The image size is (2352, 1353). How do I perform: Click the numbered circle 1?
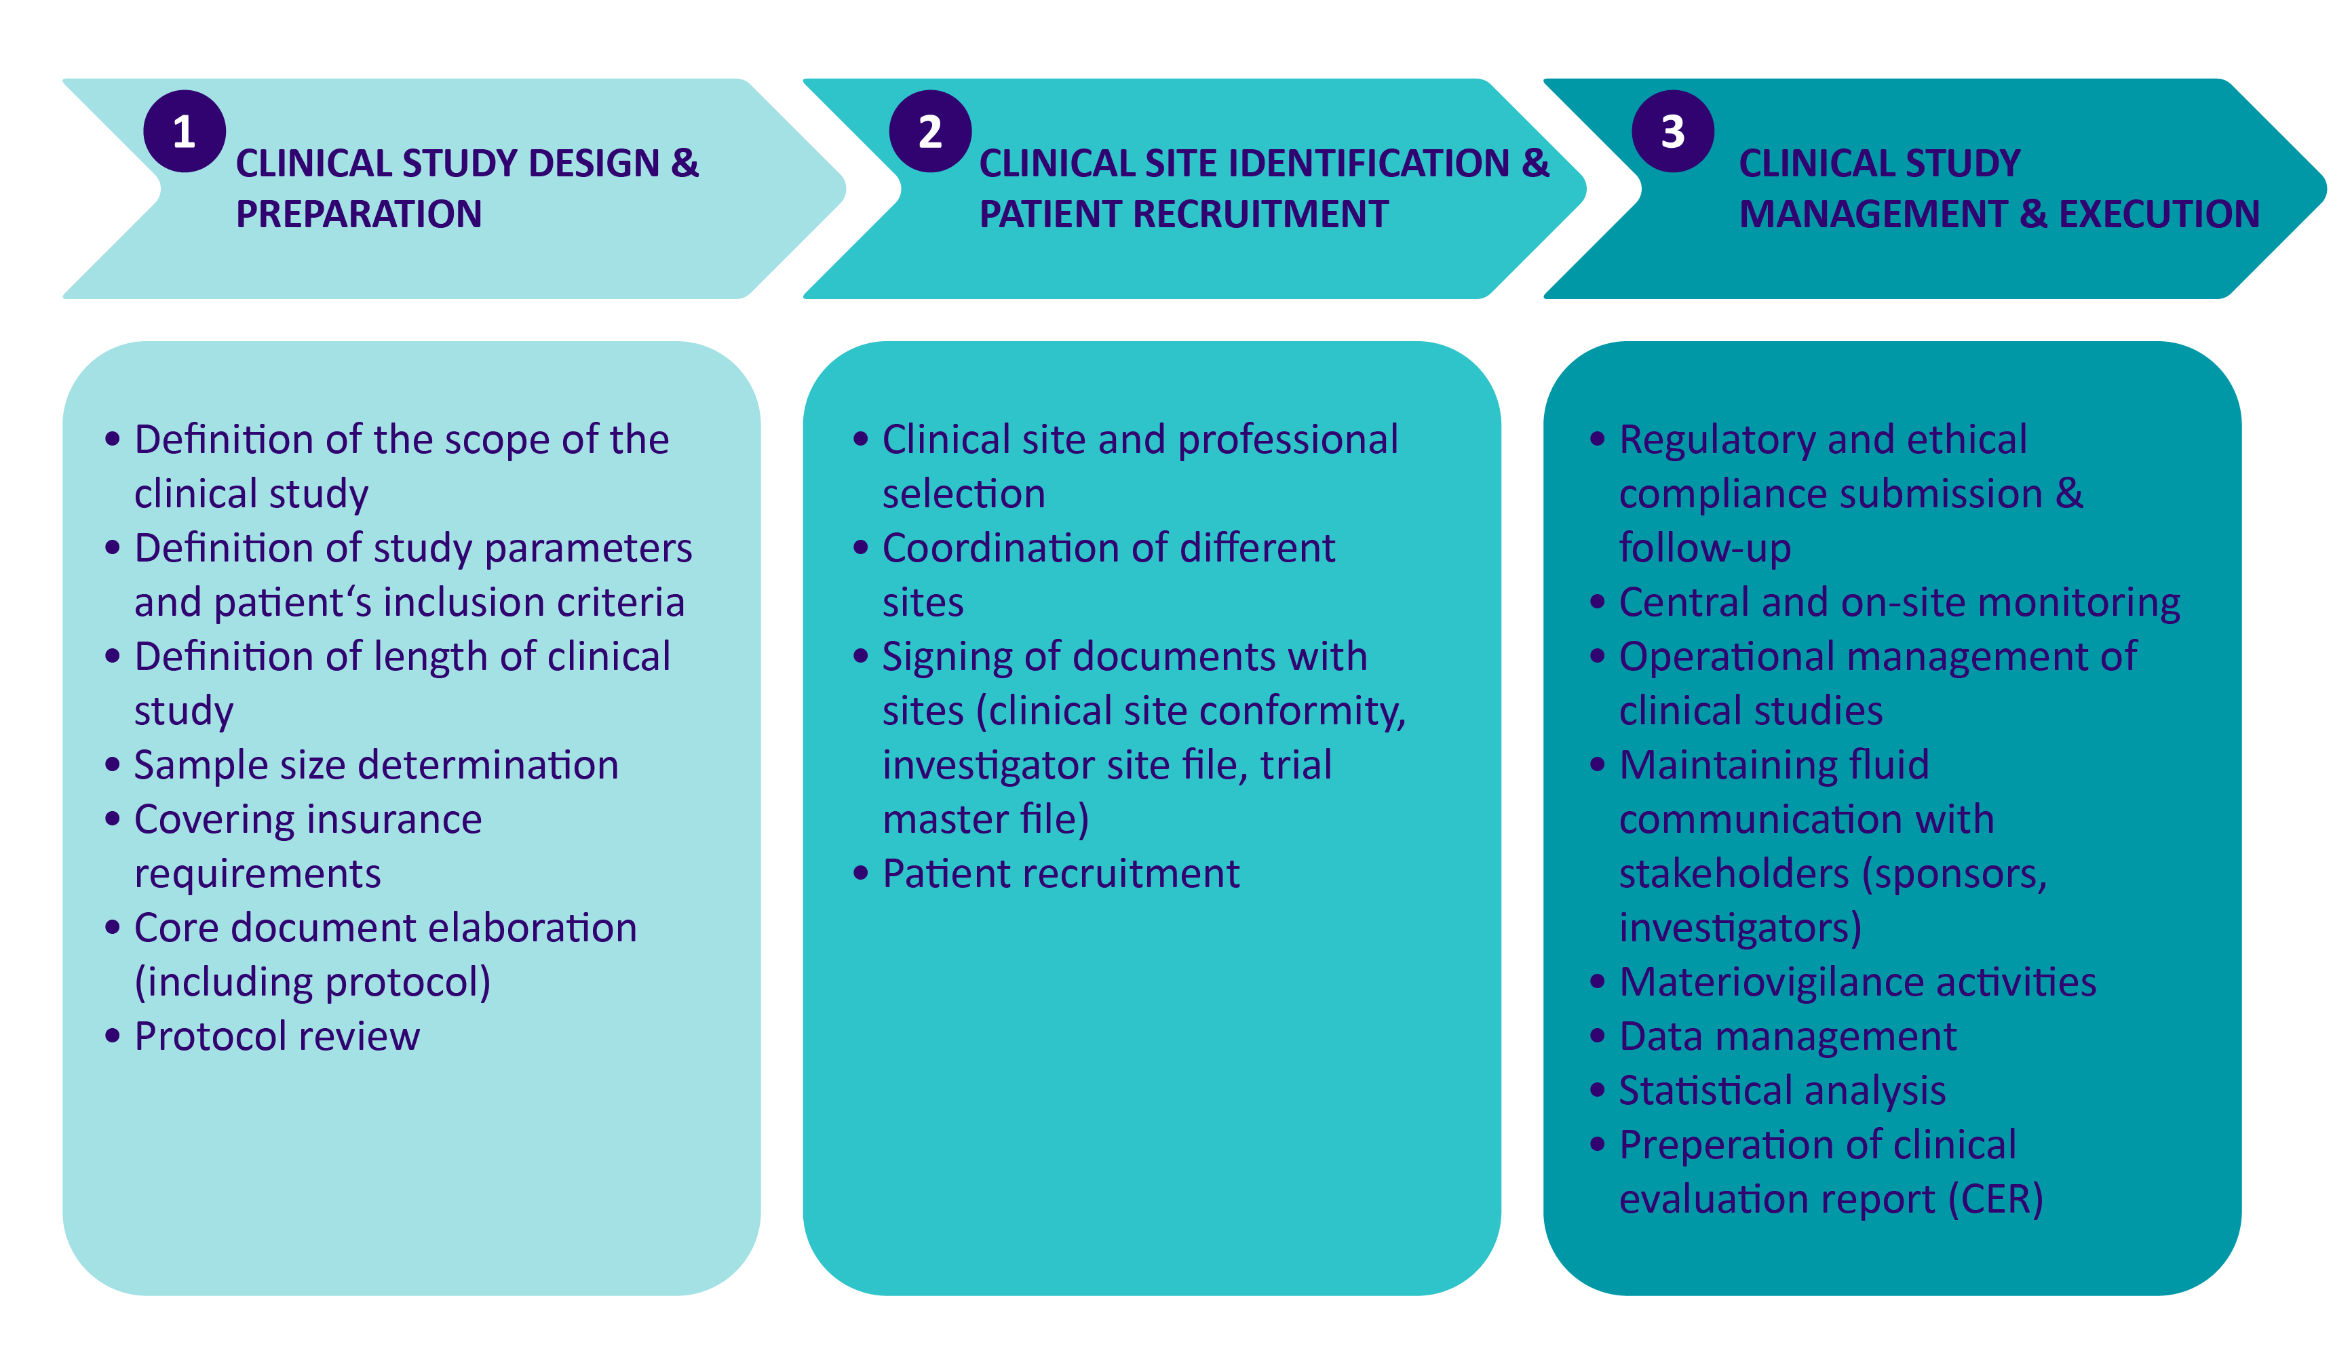point(184,131)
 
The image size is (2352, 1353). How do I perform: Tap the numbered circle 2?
point(929,131)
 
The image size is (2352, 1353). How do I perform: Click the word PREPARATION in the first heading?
point(359,214)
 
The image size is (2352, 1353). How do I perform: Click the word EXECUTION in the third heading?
point(2159,214)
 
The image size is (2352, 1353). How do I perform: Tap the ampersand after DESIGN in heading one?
point(684,163)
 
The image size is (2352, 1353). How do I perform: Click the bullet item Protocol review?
point(276,1036)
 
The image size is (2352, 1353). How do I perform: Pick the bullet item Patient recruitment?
point(1060,874)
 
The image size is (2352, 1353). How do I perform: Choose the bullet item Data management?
point(1787,1036)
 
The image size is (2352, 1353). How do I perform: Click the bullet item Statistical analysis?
point(1781,1090)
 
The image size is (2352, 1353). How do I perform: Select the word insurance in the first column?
point(393,820)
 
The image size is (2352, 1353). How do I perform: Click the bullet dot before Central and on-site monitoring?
point(1598,602)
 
